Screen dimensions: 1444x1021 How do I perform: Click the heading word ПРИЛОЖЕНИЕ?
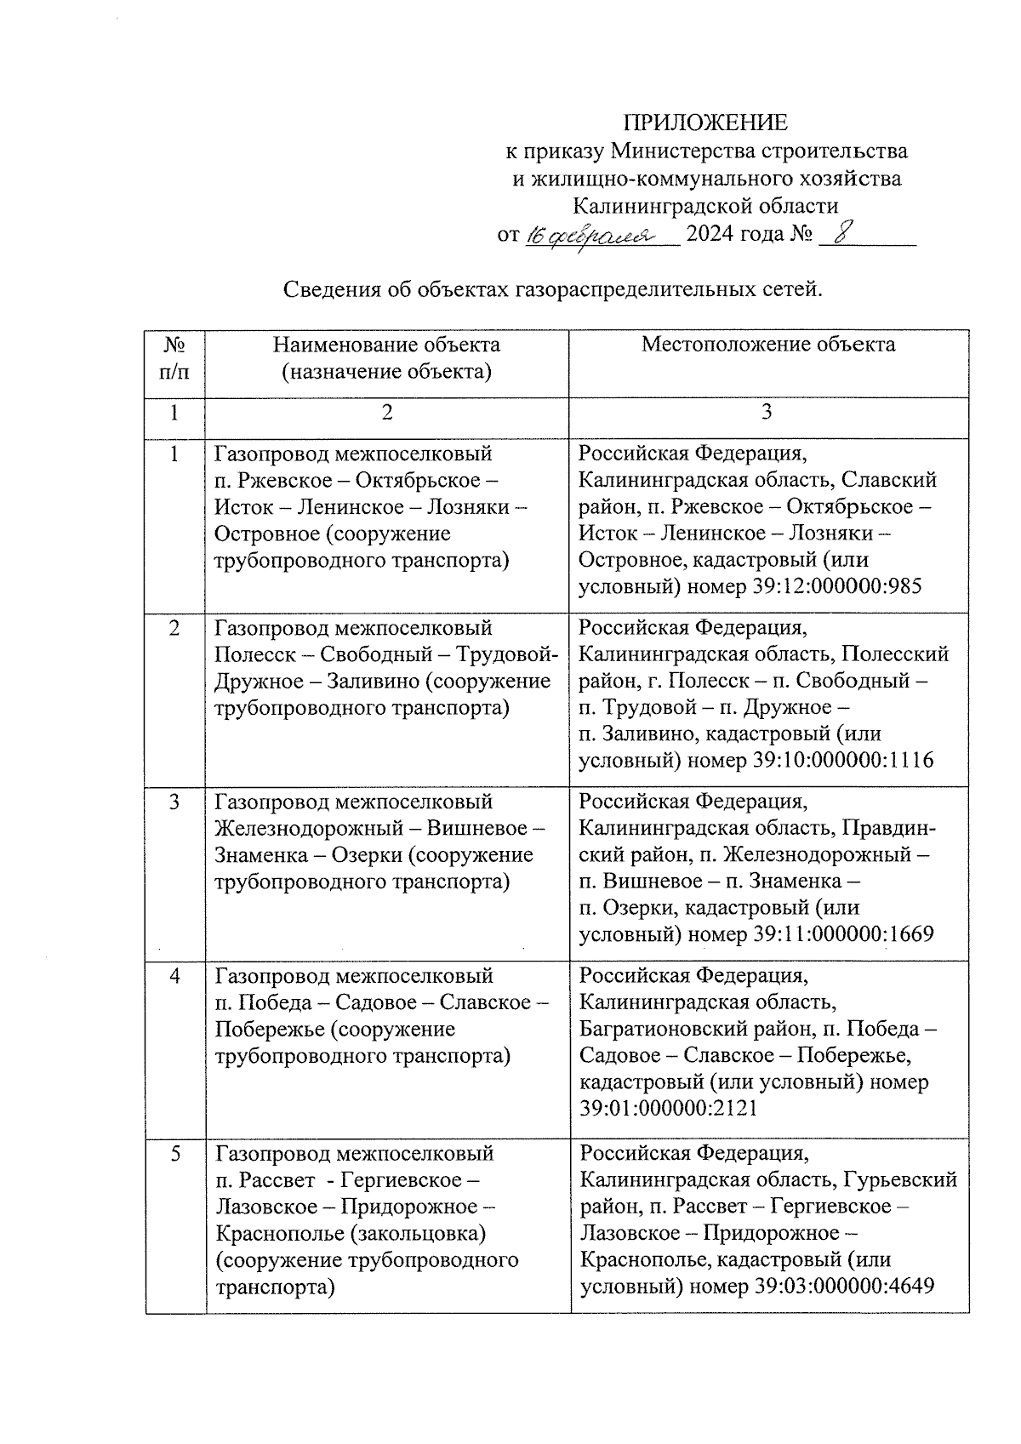pyautogui.click(x=705, y=123)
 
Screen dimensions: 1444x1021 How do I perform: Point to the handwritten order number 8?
pyautogui.click(x=841, y=233)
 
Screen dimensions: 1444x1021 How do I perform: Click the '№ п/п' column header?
pyautogui.click(x=174, y=358)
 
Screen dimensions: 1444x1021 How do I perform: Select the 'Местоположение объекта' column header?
pyautogui.click(x=767, y=345)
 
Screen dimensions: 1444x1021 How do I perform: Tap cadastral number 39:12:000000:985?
pyautogui.click(x=838, y=587)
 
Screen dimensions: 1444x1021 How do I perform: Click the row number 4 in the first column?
pyautogui.click(x=174, y=976)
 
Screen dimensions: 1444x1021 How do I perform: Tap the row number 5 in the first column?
pyautogui.click(x=174, y=1154)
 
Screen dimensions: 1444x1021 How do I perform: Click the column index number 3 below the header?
pyautogui.click(x=767, y=413)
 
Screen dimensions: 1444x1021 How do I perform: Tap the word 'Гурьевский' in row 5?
pyautogui.click(x=902, y=1180)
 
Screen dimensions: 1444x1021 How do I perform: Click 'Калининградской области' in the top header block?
pyautogui.click(x=705, y=206)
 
